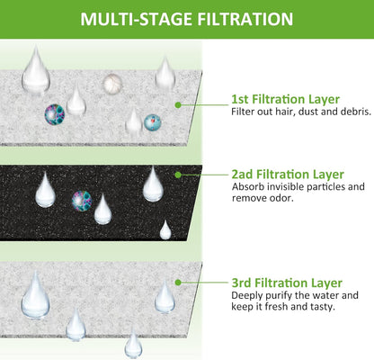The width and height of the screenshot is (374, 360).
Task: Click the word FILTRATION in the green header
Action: [245, 19]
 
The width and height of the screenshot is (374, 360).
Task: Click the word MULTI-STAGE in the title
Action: [137, 19]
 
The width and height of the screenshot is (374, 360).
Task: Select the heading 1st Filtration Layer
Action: [285, 99]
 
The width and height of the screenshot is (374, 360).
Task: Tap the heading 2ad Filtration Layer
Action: [288, 175]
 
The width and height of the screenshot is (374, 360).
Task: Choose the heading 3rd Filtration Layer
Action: [287, 283]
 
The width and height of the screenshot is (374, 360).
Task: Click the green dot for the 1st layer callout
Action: [178, 105]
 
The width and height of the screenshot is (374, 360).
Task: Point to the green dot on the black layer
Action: [178, 175]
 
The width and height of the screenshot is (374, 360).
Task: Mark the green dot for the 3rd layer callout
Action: [178, 283]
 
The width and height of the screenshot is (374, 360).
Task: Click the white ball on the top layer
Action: [112, 84]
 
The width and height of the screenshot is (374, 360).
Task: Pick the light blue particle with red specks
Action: [153, 123]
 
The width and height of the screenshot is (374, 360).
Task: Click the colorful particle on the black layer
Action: [82, 201]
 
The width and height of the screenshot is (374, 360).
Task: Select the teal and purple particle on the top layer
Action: [55, 114]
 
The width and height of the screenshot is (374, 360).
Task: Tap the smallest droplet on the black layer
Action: [165, 229]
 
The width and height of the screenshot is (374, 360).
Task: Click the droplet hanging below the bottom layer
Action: [133, 345]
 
